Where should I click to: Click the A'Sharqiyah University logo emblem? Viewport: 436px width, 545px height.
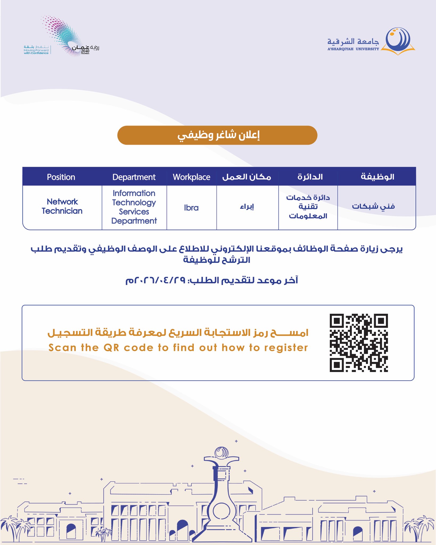pyautogui.click(x=398, y=40)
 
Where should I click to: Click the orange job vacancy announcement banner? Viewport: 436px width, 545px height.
pyautogui.click(x=217, y=135)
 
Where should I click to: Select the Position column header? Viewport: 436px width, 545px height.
pyautogui.click(x=61, y=177)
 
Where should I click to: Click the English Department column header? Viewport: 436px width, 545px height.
pyautogui.click(x=134, y=177)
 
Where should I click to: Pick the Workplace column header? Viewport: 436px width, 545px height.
pyautogui.click(x=191, y=177)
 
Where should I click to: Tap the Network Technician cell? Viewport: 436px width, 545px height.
pyautogui.click(x=62, y=206)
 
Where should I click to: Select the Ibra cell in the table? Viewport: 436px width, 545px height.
pyautogui.click(x=191, y=208)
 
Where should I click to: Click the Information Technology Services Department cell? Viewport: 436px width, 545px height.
pyautogui.click(x=134, y=207)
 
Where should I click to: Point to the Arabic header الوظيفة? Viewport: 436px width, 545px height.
pyautogui.click(x=377, y=177)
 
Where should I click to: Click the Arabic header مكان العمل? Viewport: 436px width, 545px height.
pyautogui.click(x=247, y=177)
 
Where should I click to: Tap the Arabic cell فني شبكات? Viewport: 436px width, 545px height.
pyautogui.click(x=373, y=206)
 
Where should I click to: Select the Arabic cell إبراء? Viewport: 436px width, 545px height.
pyautogui.click(x=247, y=207)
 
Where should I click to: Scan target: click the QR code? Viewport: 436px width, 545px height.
pyautogui.click(x=359, y=343)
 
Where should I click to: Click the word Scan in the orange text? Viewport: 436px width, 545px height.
pyautogui.click(x=62, y=348)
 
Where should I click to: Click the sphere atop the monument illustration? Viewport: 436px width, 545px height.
pyautogui.click(x=221, y=452)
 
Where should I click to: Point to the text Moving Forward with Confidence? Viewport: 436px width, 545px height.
pyautogui.click(x=36, y=52)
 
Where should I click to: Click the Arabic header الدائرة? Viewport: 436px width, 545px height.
pyautogui.click(x=310, y=177)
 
